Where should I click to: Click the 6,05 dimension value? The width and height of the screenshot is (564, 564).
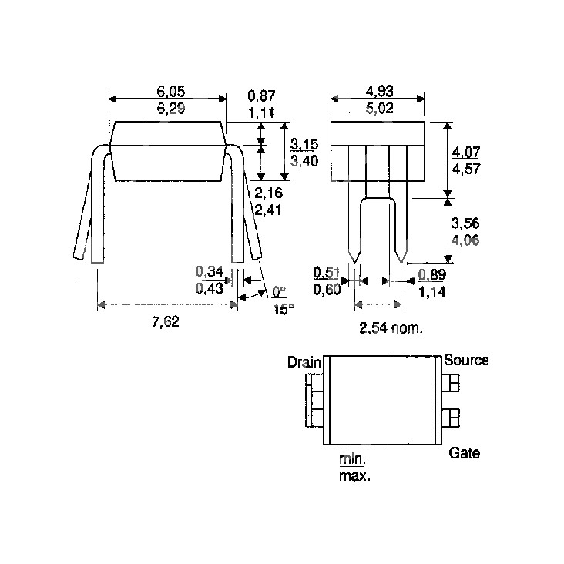click(171, 92)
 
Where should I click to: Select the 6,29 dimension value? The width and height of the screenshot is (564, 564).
click(171, 109)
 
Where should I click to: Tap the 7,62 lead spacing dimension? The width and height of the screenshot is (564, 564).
click(166, 321)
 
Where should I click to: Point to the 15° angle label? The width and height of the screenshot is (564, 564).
click(284, 309)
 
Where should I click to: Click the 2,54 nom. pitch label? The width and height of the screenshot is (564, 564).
click(391, 327)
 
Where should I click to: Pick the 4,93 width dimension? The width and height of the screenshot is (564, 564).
click(380, 92)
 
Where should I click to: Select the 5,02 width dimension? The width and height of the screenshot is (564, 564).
click(380, 109)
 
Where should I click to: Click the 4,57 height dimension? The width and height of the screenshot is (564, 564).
click(466, 169)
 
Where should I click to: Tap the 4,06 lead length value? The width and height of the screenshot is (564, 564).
click(465, 240)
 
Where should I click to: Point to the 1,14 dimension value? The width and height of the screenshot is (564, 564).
click(432, 291)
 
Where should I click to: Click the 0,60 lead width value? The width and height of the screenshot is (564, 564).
click(327, 289)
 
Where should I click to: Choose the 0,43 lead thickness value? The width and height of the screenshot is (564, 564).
click(210, 288)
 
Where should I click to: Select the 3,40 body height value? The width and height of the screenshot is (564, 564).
click(304, 161)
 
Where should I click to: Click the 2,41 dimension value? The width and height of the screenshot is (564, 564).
click(269, 210)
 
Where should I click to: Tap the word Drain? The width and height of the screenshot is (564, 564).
click(304, 362)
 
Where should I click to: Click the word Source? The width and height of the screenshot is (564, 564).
click(466, 360)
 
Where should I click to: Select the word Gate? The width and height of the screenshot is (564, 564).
click(464, 453)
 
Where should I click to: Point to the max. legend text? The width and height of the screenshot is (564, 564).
click(354, 476)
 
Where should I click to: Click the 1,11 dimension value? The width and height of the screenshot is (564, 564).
click(261, 112)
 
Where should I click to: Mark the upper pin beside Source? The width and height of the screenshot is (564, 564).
click(451, 383)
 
